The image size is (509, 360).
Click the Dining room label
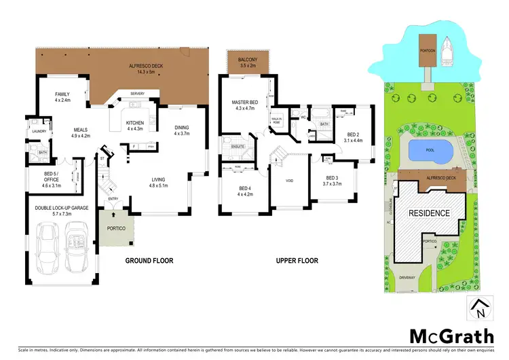[x=181, y=130]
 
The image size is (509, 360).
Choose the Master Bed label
[x=242, y=105]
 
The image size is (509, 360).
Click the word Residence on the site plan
[x=428, y=213]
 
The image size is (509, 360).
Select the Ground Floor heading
[x=149, y=260]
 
